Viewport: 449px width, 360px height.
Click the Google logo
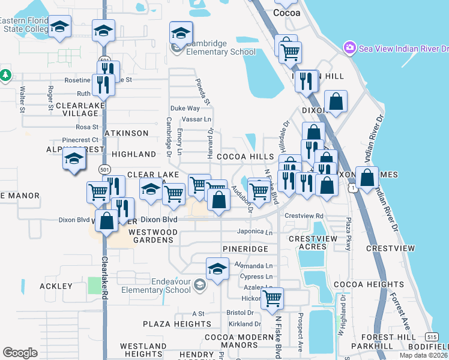click(20, 353)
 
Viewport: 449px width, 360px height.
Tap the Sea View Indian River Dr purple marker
click(349, 47)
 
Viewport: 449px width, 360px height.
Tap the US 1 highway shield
click(356, 188)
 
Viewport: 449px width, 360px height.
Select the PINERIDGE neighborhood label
click(244, 248)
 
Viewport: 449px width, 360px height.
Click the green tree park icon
click(5, 74)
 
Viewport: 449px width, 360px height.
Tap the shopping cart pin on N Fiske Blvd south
click(273, 298)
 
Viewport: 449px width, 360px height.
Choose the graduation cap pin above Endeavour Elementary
click(217, 268)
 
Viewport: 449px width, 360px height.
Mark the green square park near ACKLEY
click(94, 285)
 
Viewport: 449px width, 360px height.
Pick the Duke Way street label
click(184, 109)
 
